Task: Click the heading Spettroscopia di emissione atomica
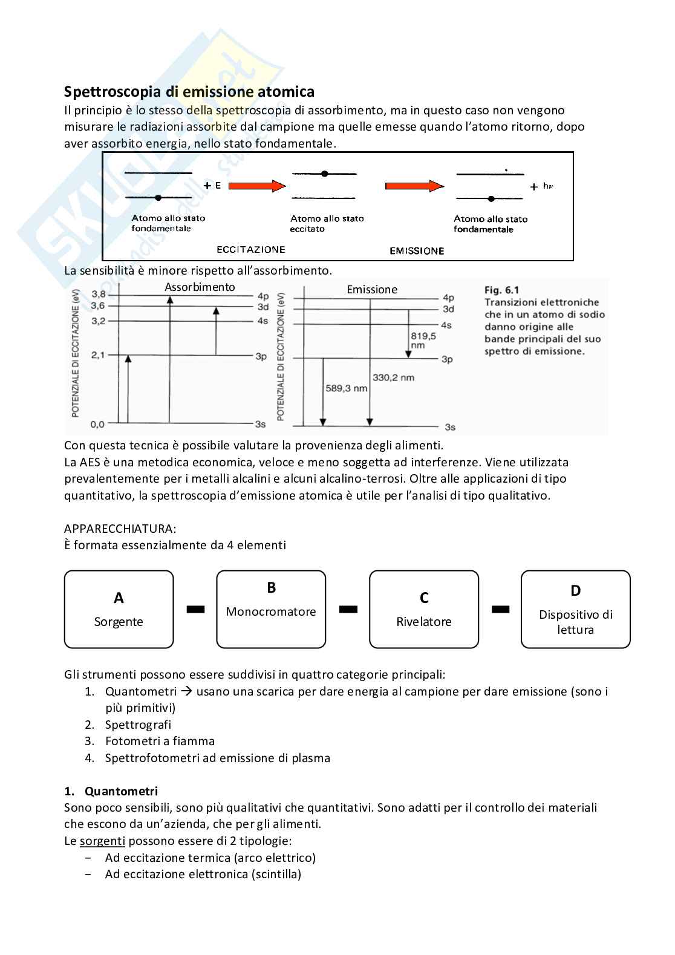point(189,92)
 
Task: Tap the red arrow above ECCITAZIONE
point(257,186)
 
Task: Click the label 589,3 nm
point(346,388)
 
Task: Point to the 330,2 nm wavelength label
point(393,377)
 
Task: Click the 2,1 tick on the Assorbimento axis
point(97,355)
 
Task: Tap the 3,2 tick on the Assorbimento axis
point(98,321)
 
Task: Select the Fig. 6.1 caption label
point(501,290)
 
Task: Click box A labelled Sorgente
point(119,610)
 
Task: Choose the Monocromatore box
point(271,610)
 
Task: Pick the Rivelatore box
point(423,610)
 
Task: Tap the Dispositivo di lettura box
point(575,610)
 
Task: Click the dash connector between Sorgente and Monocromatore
point(195,610)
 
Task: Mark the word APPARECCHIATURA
point(120,529)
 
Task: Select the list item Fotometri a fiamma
point(160,741)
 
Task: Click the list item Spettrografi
point(138,725)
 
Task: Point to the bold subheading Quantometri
point(121,791)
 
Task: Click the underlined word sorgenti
point(102,841)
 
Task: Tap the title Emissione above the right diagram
point(372,290)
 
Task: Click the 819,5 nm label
point(423,340)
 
